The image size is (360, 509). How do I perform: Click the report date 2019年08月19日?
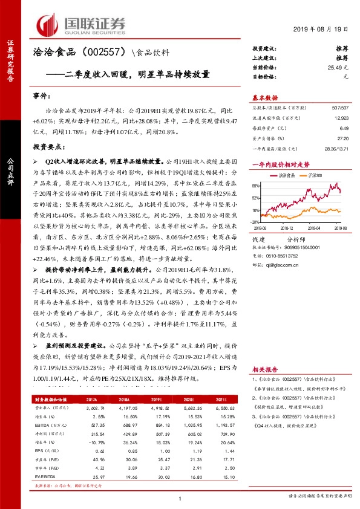click(326, 29)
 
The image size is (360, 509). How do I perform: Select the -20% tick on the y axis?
click(256, 224)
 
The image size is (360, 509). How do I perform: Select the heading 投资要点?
click(48, 147)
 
